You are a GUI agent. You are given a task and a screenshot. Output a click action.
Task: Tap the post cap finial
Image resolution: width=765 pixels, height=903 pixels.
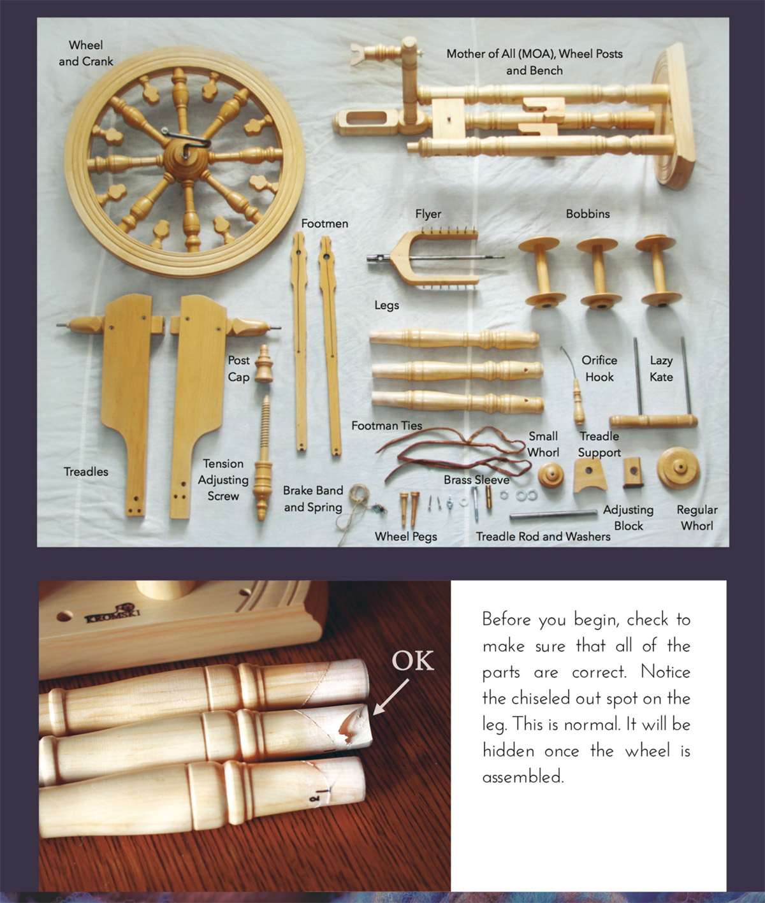[x=263, y=364]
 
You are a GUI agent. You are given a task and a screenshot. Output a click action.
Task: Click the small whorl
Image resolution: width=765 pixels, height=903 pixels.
[x=551, y=475]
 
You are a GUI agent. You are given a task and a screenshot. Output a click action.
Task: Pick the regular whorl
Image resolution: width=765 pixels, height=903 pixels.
[x=678, y=468]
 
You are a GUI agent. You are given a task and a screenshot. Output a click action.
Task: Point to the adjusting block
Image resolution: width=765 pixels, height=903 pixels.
[x=633, y=472]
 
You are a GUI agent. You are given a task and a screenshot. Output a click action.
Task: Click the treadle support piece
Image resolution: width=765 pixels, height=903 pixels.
[x=590, y=475]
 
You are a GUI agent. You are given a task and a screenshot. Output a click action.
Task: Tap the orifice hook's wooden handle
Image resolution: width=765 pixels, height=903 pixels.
[x=578, y=402]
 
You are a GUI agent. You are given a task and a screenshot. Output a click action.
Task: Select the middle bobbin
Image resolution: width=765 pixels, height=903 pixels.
[x=600, y=273]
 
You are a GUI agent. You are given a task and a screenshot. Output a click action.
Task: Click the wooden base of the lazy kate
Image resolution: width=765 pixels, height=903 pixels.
[x=653, y=421]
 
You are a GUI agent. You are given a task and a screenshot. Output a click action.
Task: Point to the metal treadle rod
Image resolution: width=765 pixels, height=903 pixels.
[x=553, y=515]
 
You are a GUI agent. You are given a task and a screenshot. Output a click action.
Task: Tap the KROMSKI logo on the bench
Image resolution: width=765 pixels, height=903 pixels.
[x=112, y=612]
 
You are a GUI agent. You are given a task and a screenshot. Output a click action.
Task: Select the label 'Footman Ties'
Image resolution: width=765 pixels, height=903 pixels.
[x=387, y=425]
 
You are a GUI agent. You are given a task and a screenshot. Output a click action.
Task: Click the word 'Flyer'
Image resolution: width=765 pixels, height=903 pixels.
[x=428, y=214]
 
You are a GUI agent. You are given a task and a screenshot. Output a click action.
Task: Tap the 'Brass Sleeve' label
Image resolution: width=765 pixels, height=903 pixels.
[x=476, y=480]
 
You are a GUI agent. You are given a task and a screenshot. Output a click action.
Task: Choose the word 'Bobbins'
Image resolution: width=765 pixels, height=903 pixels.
[x=588, y=213]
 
